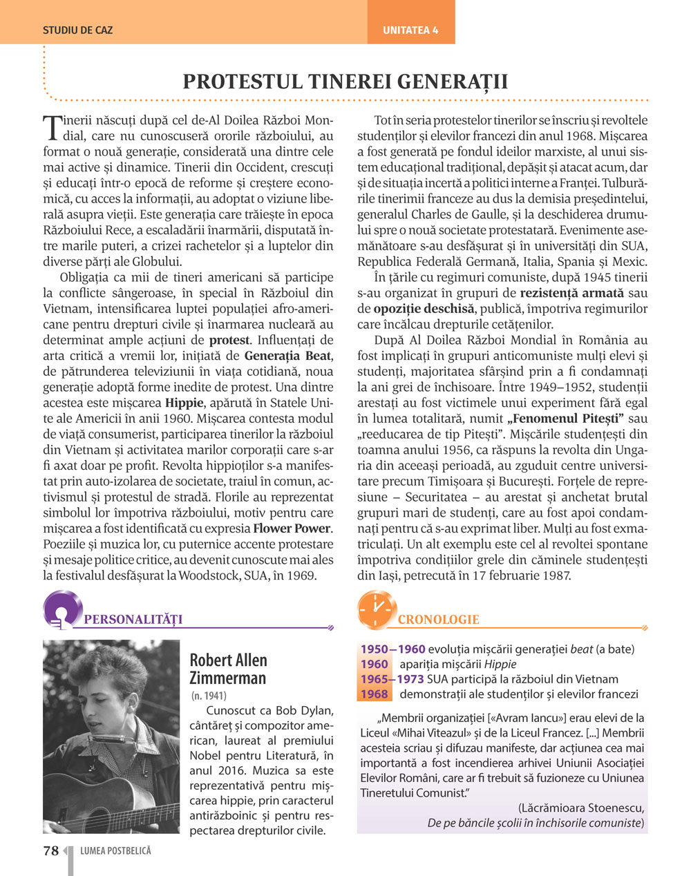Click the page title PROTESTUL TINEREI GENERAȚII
tap(345, 82)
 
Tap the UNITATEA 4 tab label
tap(410, 30)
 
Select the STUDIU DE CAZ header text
tap(77, 30)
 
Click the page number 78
tap(51, 851)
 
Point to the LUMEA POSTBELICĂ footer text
tap(115, 851)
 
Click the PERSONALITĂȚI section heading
tap(133, 619)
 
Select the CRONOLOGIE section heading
tap(438, 619)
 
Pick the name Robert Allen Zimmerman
tap(228, 669)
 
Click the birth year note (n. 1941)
tap(209, 696)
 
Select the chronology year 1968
tap(374, 694)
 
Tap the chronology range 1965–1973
tap(392, 679)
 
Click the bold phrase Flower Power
tap(292, 529)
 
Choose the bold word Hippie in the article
tap(184, 403)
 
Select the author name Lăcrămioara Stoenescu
tap(581, 808)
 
